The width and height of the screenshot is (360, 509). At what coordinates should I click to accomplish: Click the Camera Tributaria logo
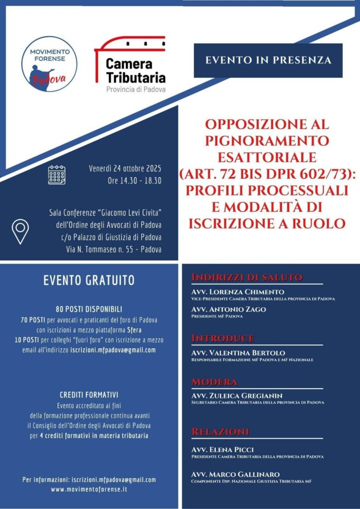tap(130, 64)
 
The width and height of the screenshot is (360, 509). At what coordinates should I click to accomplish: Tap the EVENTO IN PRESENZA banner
tap(268, 61)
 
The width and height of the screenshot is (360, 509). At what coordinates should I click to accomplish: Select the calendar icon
tap(57, 175)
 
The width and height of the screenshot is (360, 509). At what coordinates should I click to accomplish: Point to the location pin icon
tap(20, 232)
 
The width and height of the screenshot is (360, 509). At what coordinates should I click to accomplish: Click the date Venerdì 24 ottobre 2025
tap(125, 168)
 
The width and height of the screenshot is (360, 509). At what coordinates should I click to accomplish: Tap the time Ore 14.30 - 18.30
tap(134, 181)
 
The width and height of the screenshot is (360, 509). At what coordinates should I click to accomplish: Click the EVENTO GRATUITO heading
tap(89, 280)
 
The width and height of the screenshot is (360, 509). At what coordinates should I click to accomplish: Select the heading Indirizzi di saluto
tap(247, 277)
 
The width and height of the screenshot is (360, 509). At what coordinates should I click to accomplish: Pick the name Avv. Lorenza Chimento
tap(238, 292)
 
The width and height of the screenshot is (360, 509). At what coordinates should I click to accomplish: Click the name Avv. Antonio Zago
tap(229, 309)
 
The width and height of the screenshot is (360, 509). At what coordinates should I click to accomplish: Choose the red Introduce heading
tap(222, 339)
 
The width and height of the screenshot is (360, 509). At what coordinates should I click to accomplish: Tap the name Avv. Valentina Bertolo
tap(238, 352)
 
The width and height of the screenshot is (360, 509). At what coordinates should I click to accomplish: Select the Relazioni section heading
tap(220, 431)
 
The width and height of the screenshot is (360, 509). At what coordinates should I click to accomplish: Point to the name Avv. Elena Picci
tap(223, 449)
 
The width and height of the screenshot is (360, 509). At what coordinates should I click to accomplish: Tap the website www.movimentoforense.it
tap(89, 490)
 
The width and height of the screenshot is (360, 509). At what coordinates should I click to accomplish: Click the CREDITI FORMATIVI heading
tap(89, 395)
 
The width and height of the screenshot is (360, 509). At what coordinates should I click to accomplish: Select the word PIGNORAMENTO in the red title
tap(268, 140)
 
